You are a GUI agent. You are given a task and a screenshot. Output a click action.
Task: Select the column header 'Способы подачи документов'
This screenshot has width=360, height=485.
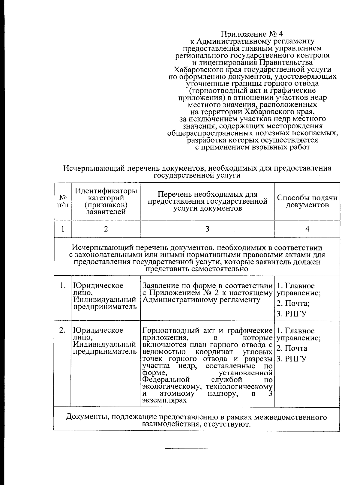tap(307, 202)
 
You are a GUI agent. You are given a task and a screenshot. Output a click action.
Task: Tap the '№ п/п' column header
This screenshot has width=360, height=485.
tap(63, 202)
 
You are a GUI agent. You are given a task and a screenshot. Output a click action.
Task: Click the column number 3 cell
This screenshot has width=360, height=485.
tap(207, 229)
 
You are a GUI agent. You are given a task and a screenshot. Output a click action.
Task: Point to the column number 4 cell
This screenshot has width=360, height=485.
tap(307, 229)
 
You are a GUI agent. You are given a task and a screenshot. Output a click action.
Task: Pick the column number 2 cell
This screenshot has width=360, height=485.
tap(106, 229)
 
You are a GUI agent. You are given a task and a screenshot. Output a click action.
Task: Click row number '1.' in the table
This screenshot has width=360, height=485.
tap(63, 286)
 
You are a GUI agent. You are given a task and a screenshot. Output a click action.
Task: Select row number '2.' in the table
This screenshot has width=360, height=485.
tap(63, 331)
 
